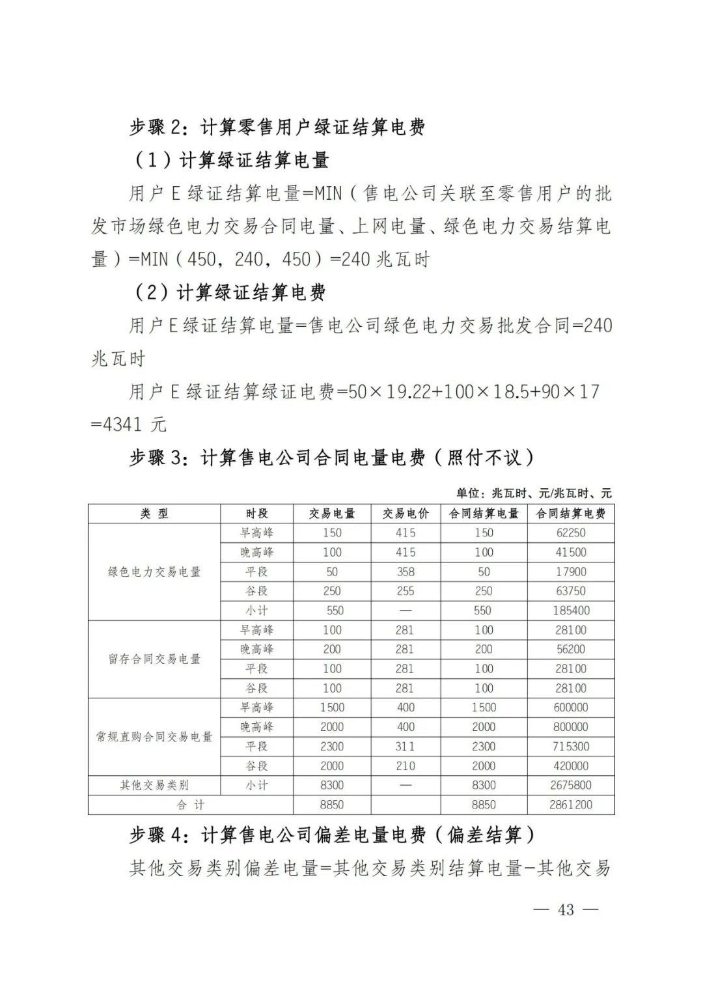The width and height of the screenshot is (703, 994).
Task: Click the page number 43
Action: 566,909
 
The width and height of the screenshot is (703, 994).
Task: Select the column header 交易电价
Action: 406,514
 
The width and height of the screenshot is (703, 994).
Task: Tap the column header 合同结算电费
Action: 571,514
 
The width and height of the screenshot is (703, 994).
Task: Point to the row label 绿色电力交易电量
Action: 154,572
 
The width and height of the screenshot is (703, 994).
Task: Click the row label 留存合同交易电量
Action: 154,659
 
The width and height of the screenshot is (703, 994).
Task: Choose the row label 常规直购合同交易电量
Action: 154,737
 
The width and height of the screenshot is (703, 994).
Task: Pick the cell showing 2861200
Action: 571,805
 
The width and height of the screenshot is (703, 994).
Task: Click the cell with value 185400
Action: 571,611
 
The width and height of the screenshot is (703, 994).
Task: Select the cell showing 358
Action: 406,572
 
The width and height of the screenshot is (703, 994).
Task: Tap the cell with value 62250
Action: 571,532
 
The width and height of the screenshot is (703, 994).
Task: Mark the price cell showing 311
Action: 406,747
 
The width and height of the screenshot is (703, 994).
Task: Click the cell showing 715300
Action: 571,747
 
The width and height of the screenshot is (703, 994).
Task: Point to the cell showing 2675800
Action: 571,785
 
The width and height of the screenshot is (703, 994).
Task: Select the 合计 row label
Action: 191,805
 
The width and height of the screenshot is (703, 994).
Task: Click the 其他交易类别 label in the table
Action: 154,785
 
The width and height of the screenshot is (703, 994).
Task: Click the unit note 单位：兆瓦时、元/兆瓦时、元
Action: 534,493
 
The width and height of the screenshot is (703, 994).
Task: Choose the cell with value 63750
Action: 571,591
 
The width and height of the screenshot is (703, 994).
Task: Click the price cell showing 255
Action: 406,591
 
